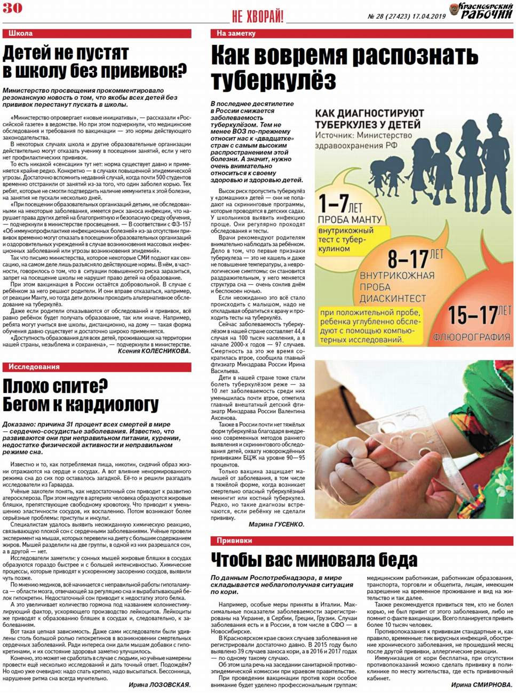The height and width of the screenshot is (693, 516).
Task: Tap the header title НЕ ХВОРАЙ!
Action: tap(257, 17)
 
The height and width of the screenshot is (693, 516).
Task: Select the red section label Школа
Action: tap(20, 33)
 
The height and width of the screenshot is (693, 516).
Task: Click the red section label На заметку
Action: tap(236, 33)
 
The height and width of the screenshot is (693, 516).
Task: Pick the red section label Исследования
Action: tap(34, 367)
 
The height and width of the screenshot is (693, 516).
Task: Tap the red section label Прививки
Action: tap(234, 541)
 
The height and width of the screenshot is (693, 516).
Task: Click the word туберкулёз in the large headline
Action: tap(273, 80)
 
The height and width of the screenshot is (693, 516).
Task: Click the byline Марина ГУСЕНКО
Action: tap(276, 525)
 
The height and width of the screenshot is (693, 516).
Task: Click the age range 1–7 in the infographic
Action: tap(334, 204)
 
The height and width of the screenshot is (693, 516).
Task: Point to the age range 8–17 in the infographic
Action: tap(408, 259)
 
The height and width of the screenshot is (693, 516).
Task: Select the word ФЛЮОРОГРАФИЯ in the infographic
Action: tap(471, 337)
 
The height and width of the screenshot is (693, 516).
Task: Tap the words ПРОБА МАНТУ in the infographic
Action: tap(350, 220)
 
